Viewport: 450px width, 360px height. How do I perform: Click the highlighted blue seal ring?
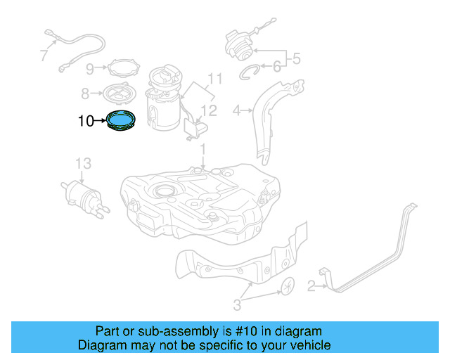tap(122, 121)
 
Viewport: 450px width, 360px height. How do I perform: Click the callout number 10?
tap(86, 122)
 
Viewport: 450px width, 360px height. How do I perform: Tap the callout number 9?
tap(90, 69)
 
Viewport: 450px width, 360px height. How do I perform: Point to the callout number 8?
tap(85, 93)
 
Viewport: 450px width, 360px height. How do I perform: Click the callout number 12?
tap(209, 110)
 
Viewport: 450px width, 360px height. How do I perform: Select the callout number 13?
tap(83, 164)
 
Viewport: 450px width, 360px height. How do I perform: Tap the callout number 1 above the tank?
tap(202, 150)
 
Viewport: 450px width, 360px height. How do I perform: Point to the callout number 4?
tap(237, 110)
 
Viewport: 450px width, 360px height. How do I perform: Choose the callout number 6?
tap(276, 67)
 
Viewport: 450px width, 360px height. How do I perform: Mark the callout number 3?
tap(237, 304)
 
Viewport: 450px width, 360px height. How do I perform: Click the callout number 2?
tap(310, 285)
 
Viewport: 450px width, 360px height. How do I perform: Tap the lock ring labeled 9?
tap(122, 68)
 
